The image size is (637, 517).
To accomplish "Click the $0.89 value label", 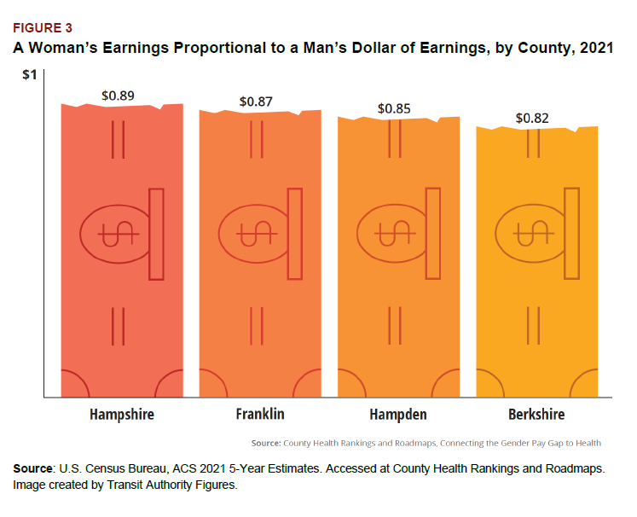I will [118, 95].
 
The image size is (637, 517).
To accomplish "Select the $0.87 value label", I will [256, 102].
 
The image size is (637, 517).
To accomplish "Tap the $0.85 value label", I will [394, 108].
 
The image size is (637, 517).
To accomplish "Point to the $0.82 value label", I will [532, 118].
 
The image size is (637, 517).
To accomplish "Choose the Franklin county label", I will [260, 415].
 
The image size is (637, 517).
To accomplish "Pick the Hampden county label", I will [398, 415].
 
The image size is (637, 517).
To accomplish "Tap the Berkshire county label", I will [536, 415].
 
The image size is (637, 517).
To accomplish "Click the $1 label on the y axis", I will [29, 75].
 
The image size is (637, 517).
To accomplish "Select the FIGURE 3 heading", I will [42, 28].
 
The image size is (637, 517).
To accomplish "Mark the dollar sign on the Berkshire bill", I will [530, 233].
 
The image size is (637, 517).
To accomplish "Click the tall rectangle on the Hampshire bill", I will [156, 234].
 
